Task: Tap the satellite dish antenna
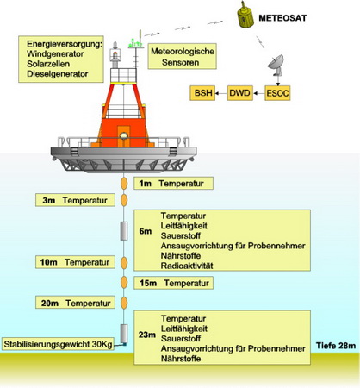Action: click(x=276, y=66)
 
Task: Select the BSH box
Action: click(x=202, y=93)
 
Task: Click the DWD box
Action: click(x=240, y=93)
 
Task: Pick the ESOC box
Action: click(x=277, y=93)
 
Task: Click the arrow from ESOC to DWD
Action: click(x=259, y=93)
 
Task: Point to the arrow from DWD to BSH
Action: click(x=221, y=93)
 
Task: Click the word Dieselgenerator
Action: click(x=58, y=74)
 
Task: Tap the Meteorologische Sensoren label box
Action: click(x=182, y=56)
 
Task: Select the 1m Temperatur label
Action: click(x=173, y=184)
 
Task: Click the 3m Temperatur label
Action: click(x=75, y=200)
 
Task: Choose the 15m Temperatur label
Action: click(x=173, y=283)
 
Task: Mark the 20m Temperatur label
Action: click(x=75, y=303)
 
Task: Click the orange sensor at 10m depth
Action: click(x=124, y=263)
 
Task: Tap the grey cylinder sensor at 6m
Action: click(x=124, y=230)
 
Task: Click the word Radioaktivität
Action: click(x=187, y=266)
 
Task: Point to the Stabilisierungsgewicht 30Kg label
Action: click(x=58, y=344)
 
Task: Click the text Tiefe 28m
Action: click(x=336, y=346)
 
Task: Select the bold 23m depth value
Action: click(x=147, y=335)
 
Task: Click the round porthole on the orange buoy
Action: click(x=124, y=135)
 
